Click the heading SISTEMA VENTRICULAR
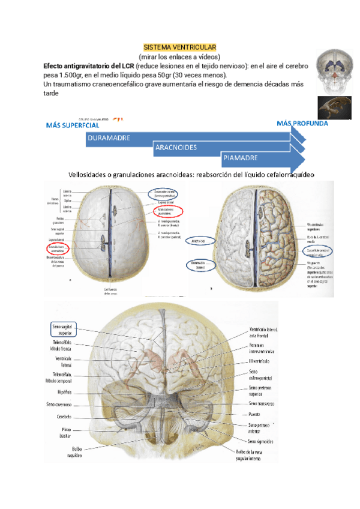click(x=180, y=47)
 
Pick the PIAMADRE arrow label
click(x=240, y=158)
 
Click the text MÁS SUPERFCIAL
click(x=73, y=125)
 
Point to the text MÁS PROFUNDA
click(x=302, y=123)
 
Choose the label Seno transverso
click(x=262, y=404)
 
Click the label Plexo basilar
click(x=67, y=433)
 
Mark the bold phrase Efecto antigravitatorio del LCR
click(x=89, y=65)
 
